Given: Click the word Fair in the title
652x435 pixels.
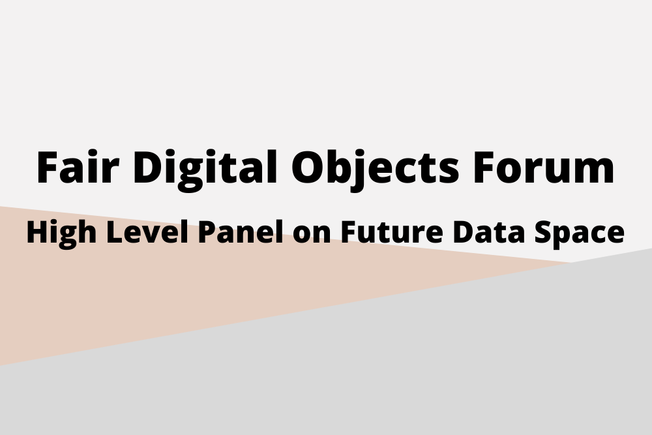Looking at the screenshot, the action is coord(78,167).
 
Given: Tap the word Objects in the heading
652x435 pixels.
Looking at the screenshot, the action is coord(375,170).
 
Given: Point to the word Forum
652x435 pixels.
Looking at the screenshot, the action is coord(544,167).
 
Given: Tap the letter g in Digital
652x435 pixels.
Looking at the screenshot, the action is coord(190,175).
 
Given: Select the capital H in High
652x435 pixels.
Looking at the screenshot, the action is coord(37,232).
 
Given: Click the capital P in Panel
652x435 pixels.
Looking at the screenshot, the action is coord(207,232).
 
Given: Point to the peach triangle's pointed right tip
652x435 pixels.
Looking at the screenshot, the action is coord(571,262).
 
